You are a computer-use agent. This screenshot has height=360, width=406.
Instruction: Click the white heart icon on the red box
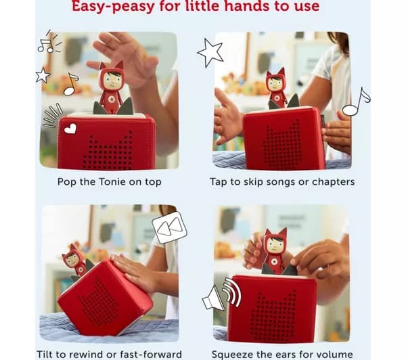click(70, 129)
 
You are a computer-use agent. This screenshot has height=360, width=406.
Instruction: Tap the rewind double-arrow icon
click(170, 227)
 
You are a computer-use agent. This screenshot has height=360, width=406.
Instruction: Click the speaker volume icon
click(222, 294)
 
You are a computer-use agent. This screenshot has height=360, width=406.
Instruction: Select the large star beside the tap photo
click(210, 53)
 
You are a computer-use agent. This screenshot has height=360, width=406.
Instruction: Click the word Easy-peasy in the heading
click(113, 6)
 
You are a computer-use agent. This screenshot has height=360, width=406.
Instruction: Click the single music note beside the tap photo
click(357, 102)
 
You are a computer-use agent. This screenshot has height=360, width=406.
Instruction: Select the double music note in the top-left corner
click(49, 41)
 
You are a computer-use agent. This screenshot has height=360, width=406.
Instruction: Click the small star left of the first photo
click(43, 75)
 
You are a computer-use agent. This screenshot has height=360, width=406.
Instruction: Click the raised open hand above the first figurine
click(125, 55)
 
